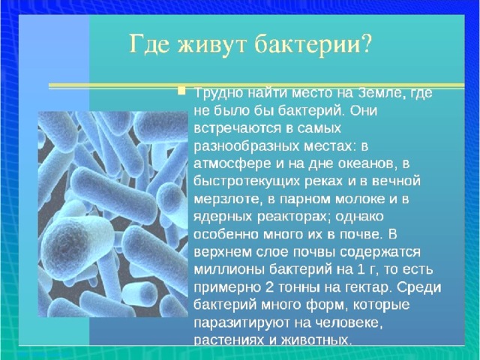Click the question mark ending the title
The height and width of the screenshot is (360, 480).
[x=365, y=44]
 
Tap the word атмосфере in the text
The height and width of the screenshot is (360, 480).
[x=232, y=163]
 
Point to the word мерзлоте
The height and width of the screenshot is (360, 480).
[x=228, y=199]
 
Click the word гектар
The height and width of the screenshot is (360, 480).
[x=361, y=288]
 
